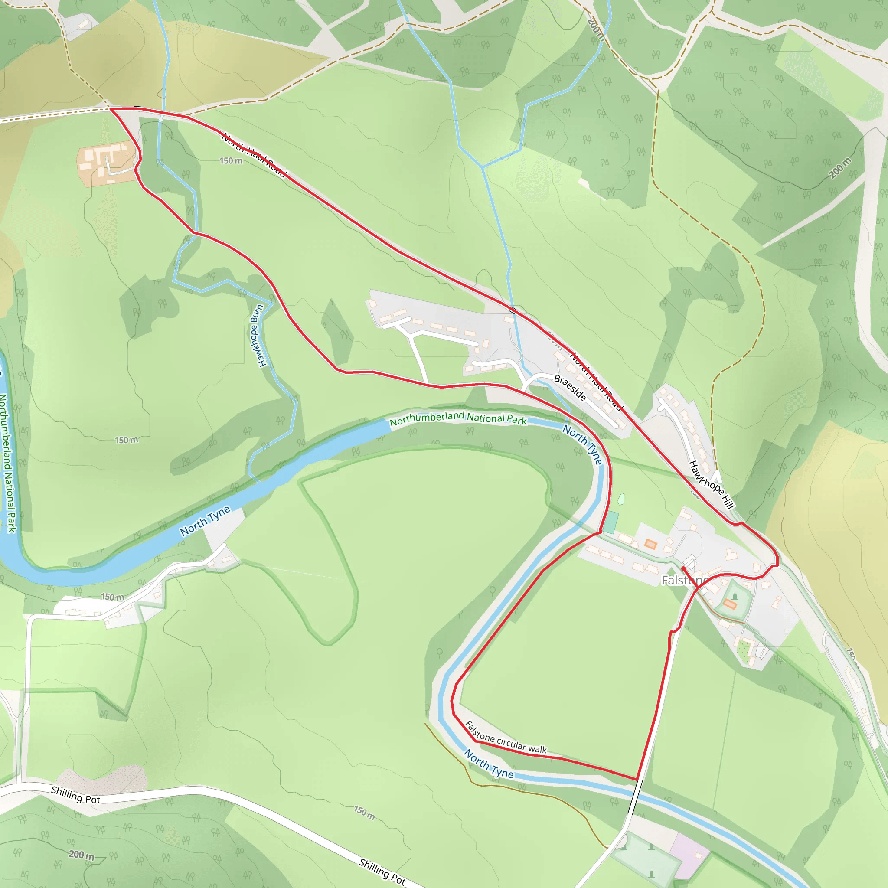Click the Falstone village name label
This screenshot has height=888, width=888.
684,581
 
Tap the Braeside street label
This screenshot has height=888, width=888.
570,388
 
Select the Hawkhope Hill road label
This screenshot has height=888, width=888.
712,484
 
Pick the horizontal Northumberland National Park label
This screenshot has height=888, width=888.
458,418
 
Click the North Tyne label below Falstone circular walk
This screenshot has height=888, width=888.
489,764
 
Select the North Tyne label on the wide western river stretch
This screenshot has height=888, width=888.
205,521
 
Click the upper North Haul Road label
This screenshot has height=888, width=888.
254,154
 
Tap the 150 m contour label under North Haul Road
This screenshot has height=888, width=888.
231,161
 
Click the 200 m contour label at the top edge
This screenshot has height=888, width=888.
596,29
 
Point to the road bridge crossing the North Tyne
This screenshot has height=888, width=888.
635,798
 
